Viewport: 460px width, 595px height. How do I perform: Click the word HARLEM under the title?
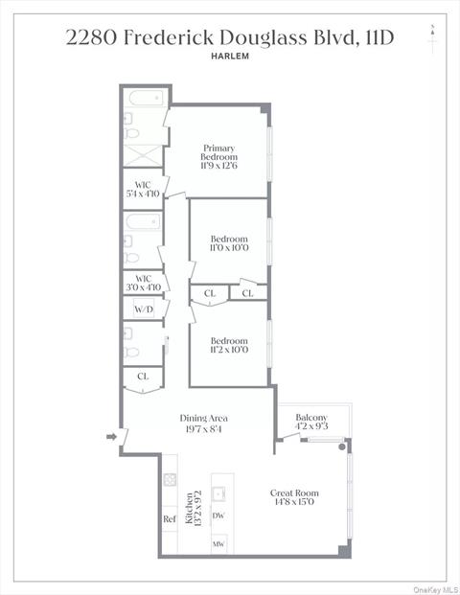[230, 57]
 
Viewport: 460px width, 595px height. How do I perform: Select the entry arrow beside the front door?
[111, 437]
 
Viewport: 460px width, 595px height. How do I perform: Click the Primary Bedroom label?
[218, 152]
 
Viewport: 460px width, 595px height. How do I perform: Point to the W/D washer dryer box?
[144, 309]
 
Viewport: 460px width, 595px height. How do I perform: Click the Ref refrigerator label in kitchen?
[170, 518]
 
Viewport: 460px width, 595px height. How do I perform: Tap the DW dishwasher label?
[218, 515]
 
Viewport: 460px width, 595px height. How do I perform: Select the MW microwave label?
[218, 544]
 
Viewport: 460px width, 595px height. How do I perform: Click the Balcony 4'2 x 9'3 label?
[311, 422]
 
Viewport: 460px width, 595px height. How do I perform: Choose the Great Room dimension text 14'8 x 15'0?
[294, 502]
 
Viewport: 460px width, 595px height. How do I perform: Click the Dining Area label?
[204, 418]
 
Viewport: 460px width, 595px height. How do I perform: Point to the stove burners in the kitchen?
[170, 480]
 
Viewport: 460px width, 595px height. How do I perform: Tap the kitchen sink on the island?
[218, 493]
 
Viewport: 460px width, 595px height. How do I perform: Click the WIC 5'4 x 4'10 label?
[143, 190]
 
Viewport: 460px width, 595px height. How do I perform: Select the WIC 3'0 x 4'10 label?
[144, 283]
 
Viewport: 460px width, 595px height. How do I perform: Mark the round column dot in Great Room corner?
[342, 447]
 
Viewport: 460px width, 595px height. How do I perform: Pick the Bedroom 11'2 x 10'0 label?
[229, 345]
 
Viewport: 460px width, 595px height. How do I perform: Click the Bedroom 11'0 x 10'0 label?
[229, 243]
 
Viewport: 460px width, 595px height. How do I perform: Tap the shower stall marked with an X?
[143, 155]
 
